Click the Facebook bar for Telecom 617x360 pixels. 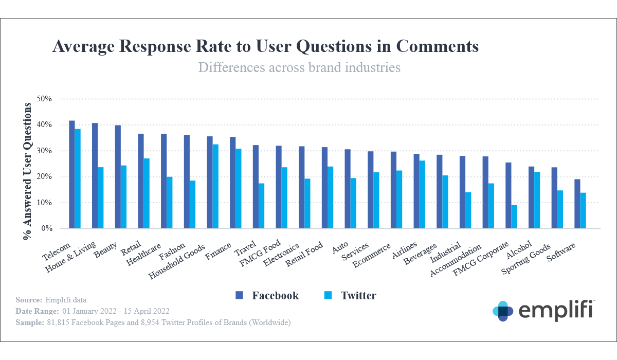tap(72, 175)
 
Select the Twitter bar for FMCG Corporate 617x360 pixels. tap(514, 217)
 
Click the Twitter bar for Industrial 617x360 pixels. tap(468, 210)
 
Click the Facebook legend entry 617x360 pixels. tap(267, 296)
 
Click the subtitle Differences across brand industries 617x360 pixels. tap(299, 67)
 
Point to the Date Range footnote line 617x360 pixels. tap(93, 311)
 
